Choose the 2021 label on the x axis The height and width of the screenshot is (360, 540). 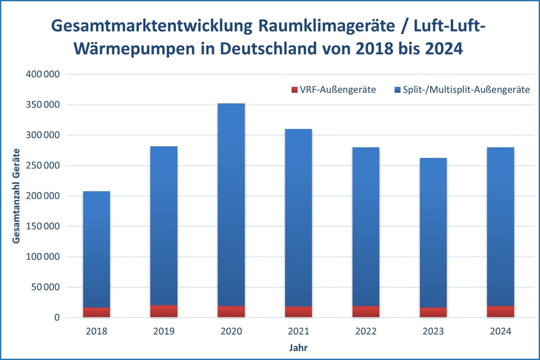(298, 331)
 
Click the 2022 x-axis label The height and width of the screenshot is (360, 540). (365, 331)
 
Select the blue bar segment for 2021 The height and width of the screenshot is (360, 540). (298, 217)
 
